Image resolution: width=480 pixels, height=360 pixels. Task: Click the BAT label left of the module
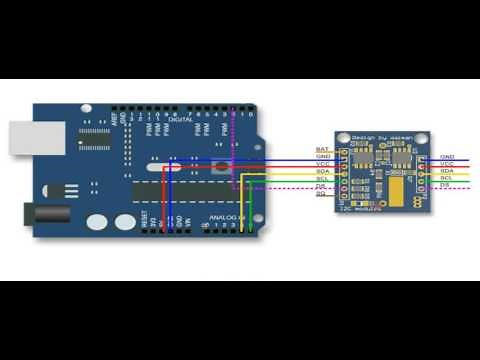[322, 149]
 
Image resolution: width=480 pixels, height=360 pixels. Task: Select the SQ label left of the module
[322, 193]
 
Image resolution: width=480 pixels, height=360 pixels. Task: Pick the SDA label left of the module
[322, 171]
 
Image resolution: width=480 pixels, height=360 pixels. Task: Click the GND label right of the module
[447, 157]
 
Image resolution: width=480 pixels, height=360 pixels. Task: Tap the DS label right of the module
[446, 185]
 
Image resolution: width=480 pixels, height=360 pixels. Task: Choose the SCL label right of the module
[447, 178]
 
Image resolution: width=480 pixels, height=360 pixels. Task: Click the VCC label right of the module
[447, 164]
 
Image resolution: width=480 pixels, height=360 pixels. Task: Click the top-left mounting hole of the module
[344, 141]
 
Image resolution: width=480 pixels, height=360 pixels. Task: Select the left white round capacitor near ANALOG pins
[97, 223]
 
